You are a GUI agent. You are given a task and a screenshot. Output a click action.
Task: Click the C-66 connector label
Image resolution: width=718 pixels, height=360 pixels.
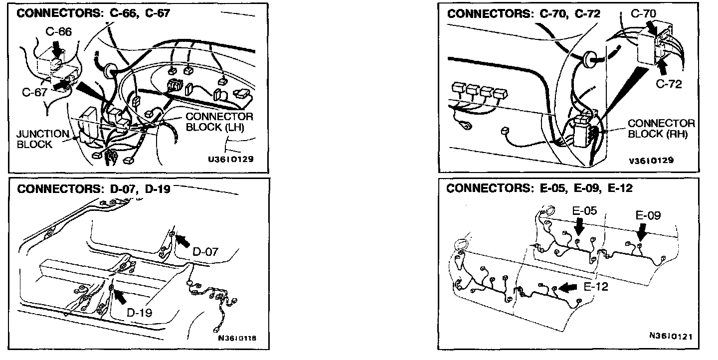59,32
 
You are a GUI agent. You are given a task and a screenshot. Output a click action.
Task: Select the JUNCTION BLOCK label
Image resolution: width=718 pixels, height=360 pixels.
42,139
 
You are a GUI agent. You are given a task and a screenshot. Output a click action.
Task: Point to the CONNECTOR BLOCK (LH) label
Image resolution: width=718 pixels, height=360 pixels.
219,121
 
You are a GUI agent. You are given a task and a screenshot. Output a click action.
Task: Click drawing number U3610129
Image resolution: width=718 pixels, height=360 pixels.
231,160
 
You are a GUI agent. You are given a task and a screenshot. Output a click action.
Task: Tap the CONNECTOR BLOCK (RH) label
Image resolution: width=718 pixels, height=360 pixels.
661,128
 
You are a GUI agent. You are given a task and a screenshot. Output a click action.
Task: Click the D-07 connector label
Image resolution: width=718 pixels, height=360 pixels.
205,253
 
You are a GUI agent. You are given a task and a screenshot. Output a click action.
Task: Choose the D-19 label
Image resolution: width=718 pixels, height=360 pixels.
139,313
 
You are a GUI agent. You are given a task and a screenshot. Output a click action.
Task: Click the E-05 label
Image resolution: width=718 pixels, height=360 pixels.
584,211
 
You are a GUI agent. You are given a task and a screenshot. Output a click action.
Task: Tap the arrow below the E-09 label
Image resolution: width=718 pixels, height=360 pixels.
642,231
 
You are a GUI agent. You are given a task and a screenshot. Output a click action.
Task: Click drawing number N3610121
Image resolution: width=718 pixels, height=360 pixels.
671,336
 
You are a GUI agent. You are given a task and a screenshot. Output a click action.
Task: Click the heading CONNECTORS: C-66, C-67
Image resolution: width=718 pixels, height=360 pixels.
94,13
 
